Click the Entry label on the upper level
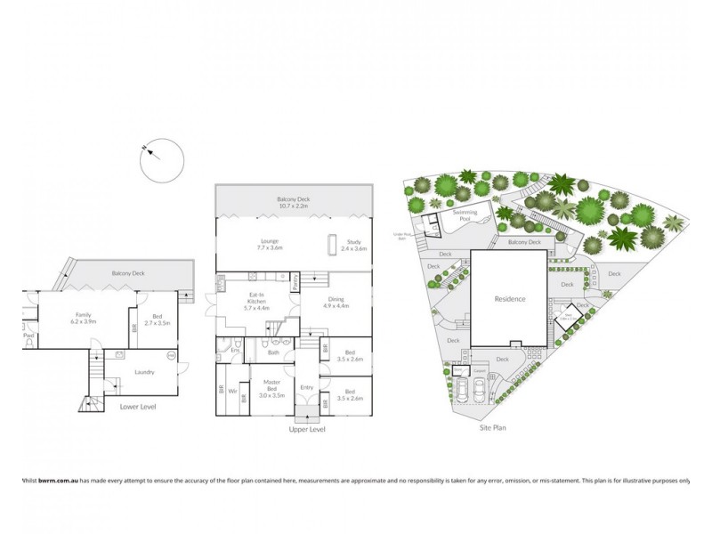tap(307, 387)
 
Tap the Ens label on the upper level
tap(236, 350)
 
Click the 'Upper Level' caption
tap(307, 430)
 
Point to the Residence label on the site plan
tap(511, 300)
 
